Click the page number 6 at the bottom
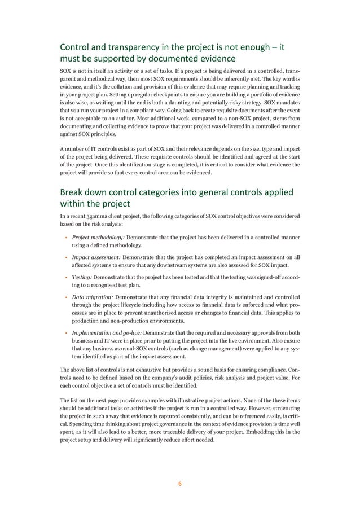(180, 483)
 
